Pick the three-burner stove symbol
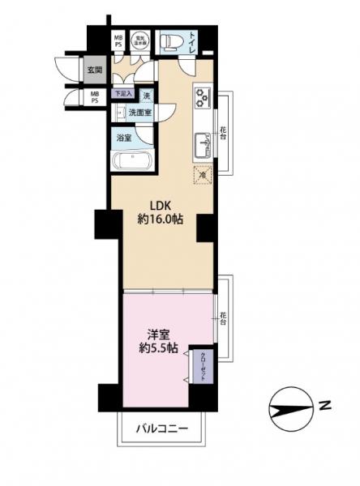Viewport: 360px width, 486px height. tap(202, 98)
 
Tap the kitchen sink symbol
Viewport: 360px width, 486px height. tap(203, 147)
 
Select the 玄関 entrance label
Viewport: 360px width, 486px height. tap(94, 70)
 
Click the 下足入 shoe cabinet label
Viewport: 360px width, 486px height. tap(121, 95)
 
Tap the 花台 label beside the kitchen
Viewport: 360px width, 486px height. tap(222, 131)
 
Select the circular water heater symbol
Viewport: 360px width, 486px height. tap(139, 40)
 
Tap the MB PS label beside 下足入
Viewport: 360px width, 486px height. tap(96, 98)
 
